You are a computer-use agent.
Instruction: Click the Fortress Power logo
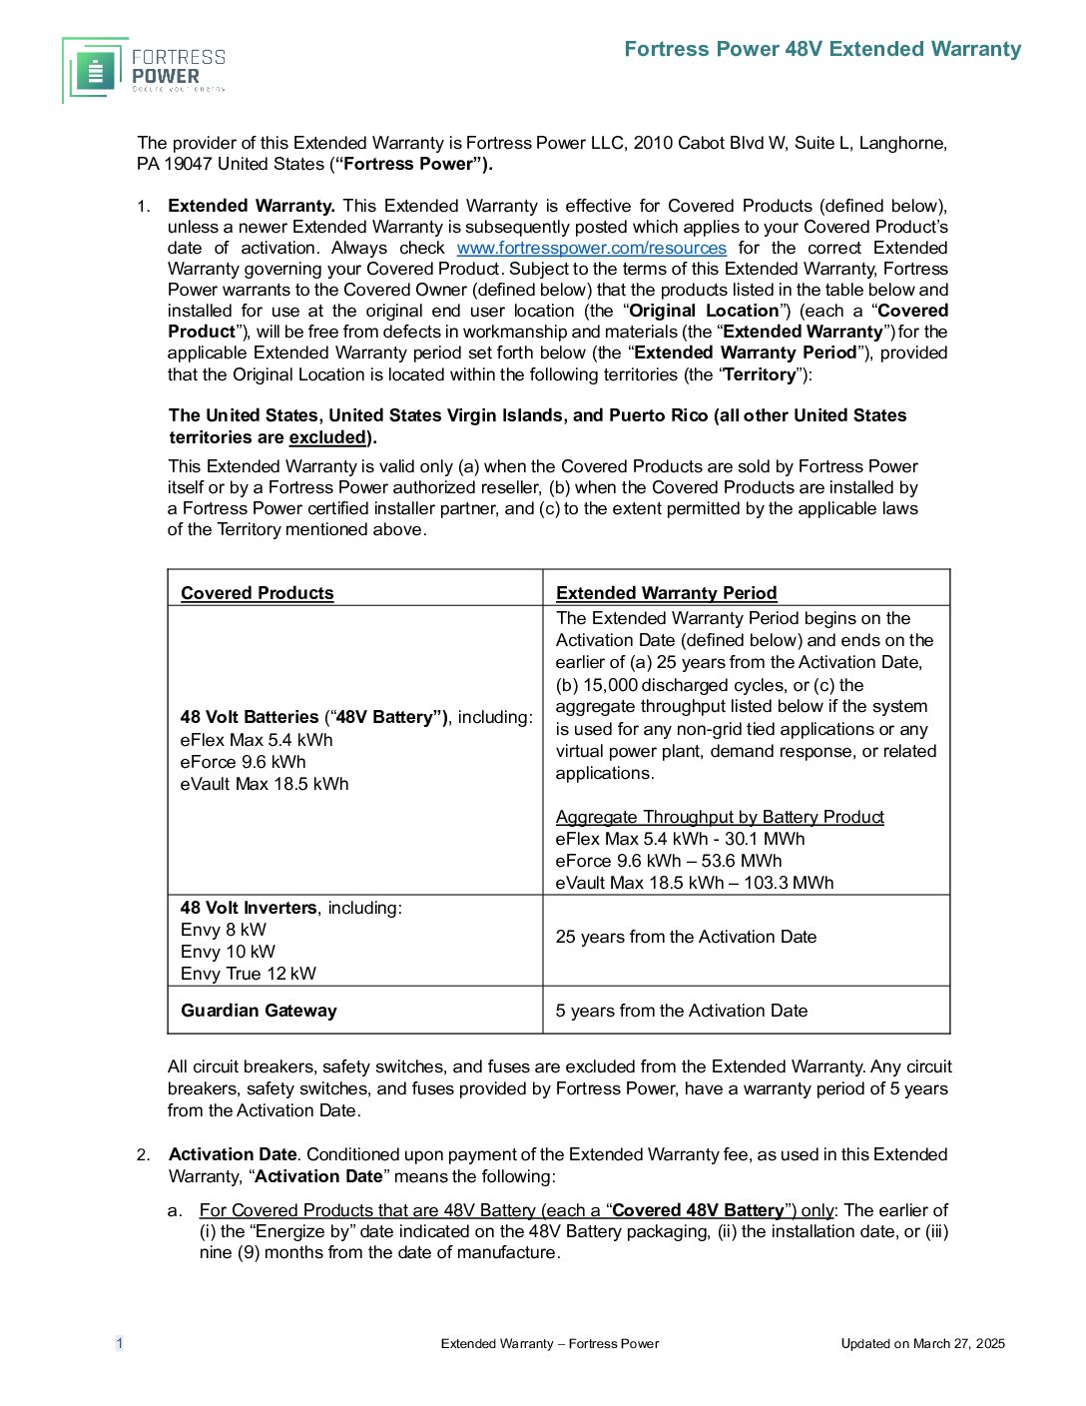pos(144,70)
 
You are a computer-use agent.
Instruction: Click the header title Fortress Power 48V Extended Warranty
pos(822,49)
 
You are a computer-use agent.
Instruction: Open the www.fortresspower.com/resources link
pos(591,248)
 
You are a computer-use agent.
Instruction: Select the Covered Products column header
pos(258,593)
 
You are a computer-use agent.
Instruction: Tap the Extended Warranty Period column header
pos(666,593)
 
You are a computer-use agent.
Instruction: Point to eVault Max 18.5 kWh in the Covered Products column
pos(265,784)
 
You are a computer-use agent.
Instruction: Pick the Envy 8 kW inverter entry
pos(224,930)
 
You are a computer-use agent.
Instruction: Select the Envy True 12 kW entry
pos(248,974)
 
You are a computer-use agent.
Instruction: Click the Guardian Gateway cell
pos(259,1011)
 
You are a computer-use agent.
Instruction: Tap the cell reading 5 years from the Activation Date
pos(681,1011)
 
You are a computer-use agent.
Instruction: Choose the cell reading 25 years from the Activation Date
pos(686,937)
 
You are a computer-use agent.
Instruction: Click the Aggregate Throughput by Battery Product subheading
pos(720,817)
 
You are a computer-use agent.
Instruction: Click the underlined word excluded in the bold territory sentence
pos(327,437)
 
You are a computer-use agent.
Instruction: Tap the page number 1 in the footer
pos(120,1343)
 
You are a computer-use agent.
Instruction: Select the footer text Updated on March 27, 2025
pos(922,1343)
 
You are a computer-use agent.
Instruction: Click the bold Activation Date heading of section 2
pos(233,1154)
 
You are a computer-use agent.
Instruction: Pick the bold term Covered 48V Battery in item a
pos(698,1210)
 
